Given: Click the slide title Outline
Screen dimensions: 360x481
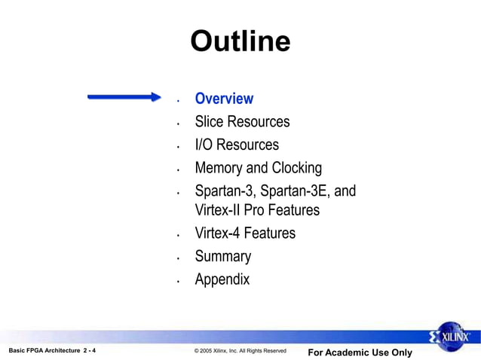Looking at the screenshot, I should [x=240, y=41].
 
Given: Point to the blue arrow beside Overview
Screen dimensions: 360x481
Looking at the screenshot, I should [x=124, y=96].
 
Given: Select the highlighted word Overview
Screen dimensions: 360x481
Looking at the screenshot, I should [x=224, y=99].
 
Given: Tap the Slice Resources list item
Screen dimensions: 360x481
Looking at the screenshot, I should [x=242, y=121].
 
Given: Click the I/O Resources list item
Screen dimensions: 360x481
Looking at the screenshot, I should [x=237, y=145].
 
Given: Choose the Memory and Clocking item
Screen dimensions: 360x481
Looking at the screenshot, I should [x=258, y=168].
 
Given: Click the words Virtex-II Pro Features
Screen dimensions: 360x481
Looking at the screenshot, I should [x=257, y=210].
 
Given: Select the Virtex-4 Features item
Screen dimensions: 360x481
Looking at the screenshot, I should [x=245, y=233].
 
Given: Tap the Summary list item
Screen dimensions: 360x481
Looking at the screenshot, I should [x=222, y=256].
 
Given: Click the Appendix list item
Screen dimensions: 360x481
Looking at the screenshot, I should [x=222, y=279].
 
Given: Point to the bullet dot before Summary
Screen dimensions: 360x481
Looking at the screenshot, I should [x=177, y=258].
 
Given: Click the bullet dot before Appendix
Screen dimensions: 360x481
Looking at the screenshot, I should [x=177, y=282].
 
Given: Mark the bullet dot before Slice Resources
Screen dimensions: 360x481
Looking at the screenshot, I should [x=177, y=124].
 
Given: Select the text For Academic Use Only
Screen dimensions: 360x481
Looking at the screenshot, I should [x=360, y=352].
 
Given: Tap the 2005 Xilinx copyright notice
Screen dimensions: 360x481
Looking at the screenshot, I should [x=240, y=351].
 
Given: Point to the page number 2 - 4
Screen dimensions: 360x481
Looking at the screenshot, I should [x=89, y=351].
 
